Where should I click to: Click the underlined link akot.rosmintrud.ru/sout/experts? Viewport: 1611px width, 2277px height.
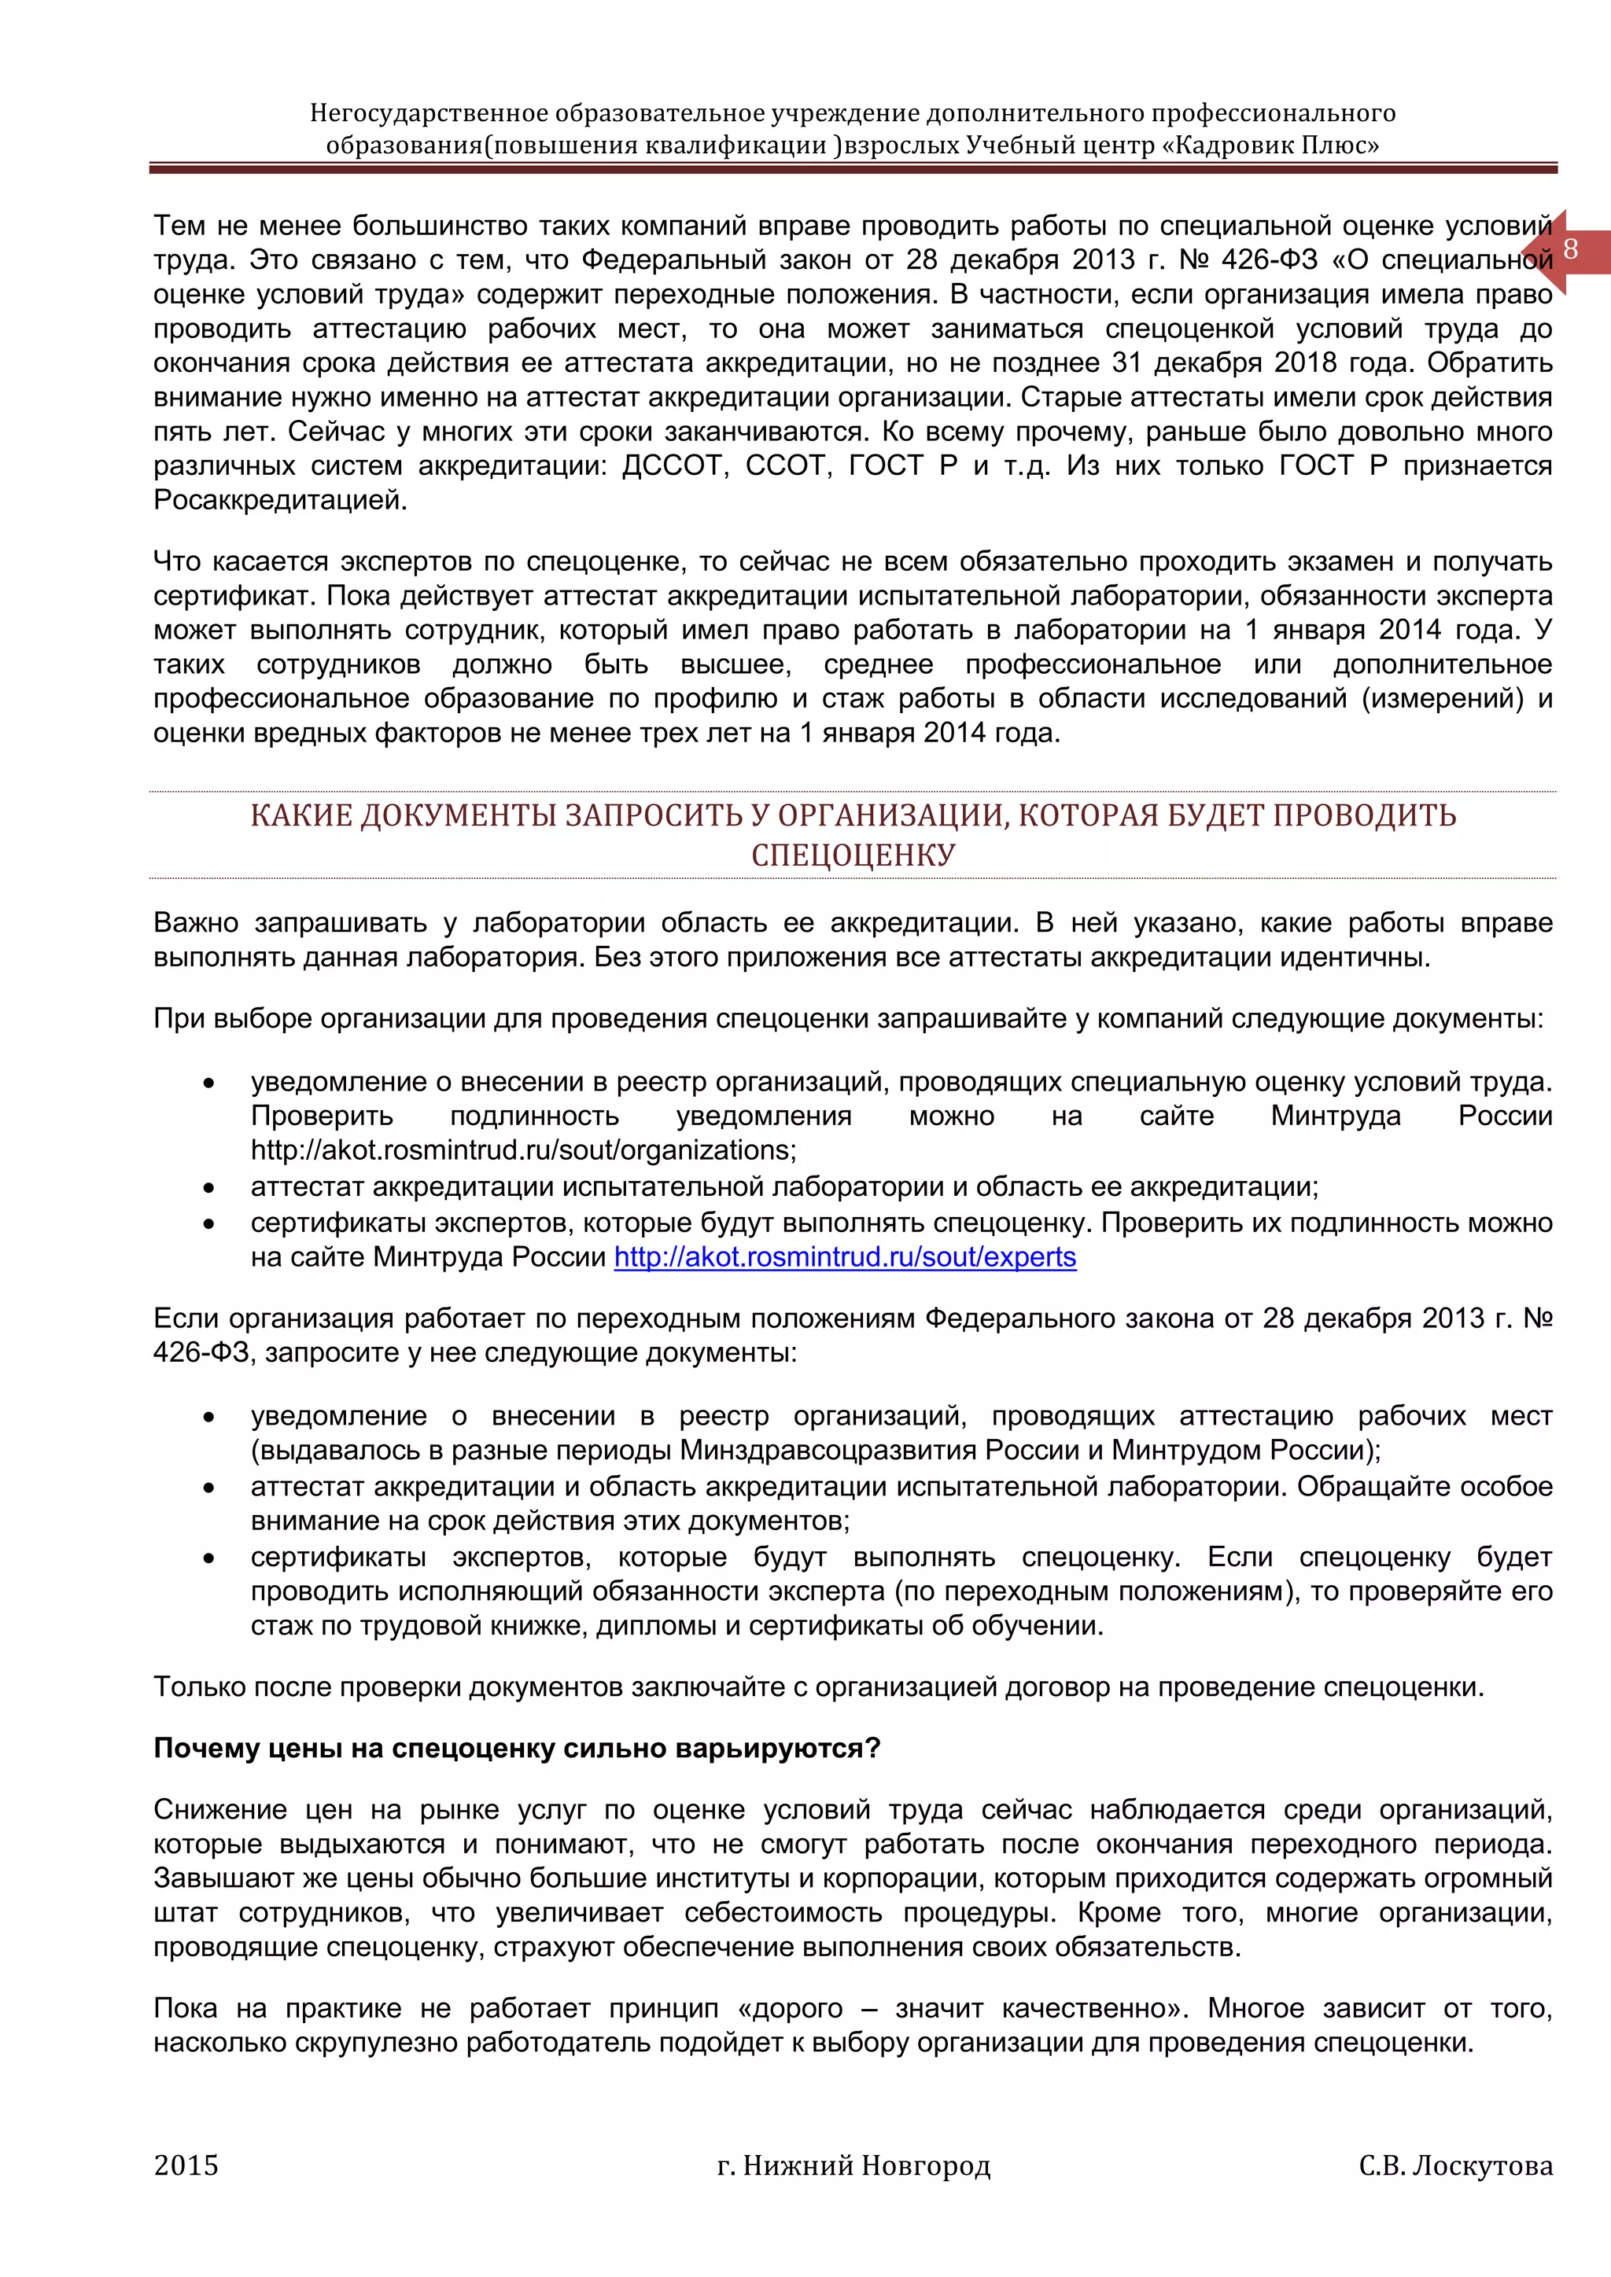pyautogui.click(x=844, y=1257)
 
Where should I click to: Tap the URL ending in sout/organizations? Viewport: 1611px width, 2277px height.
pyautogui.click(x=523, y=1150)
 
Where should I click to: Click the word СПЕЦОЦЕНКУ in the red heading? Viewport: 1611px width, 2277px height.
pyautogui.click(x=853, y=855)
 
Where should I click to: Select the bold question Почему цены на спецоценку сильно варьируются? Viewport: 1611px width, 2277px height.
pyautogui.click(x=517, y=1749)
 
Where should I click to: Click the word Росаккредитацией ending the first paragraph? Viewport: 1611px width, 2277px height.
pyautogui.click(x=280, y=500)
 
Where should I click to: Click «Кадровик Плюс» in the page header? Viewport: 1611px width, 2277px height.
pyautogui.click(x=1270, y=145)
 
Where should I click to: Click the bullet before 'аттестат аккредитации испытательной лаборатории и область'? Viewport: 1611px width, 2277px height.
pyautogui.click(x=208, y=1187)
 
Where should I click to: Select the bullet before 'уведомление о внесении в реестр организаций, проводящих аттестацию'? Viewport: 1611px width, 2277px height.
pyautogui.click(x=208, y=1417)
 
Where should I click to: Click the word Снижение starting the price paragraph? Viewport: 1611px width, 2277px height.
pyautogui.click(x=220, y=1810)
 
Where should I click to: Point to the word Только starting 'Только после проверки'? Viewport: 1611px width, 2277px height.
pyautogui.click(x=201, y=1687)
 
